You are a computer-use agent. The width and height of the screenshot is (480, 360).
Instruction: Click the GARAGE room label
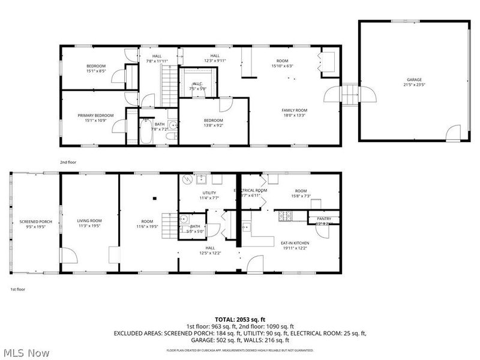(x=414, y=79)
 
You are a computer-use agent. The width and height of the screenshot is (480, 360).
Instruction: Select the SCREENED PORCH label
(x=35, y=221)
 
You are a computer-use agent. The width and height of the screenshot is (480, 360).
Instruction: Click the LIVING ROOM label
(x=89, y=220)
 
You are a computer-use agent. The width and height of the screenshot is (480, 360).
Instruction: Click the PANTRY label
(x=324, y=219)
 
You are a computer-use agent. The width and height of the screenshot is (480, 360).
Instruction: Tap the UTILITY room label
(x=209, y=193)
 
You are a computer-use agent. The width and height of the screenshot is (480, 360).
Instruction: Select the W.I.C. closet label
(x=198, y=84)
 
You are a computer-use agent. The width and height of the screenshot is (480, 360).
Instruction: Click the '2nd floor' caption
(x=67, y=162)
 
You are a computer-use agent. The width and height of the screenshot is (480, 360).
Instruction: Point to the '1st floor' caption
(x=17, y=289)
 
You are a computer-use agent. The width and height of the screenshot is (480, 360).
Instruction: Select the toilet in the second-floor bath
(x=172, y=137)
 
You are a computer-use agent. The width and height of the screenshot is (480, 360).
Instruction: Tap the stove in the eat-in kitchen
(x=285, y=214)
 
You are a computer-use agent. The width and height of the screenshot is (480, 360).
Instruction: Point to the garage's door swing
(x=454, y=132)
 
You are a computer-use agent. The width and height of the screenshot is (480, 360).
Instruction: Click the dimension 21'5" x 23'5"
(x=414, y=85)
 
